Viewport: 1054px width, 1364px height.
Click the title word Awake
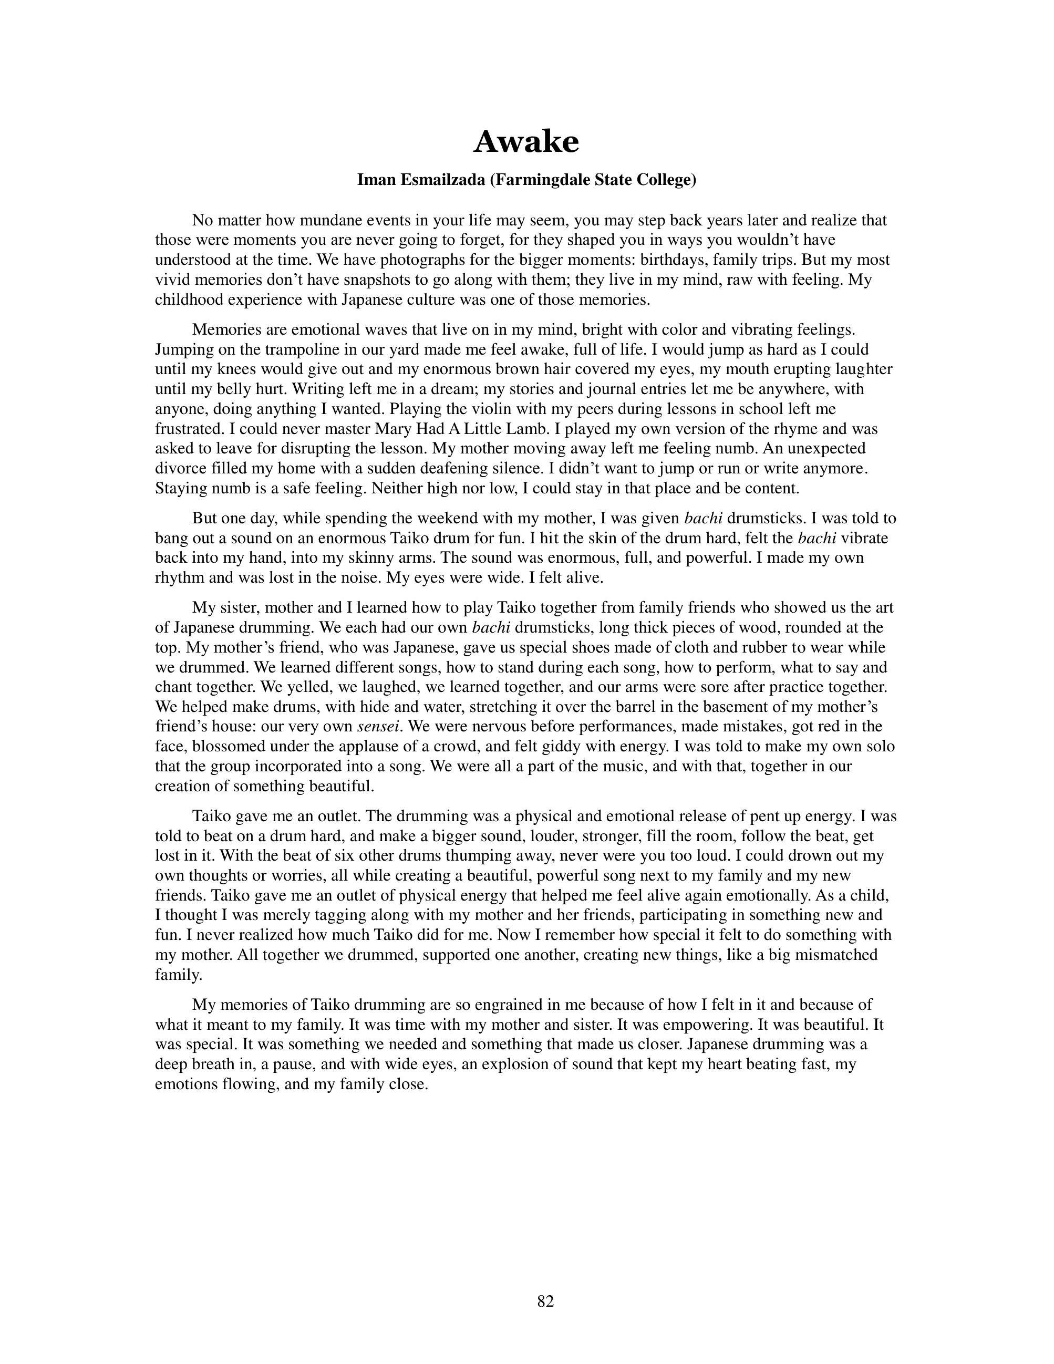(x=526, y=142)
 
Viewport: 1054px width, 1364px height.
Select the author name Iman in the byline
(x=376, y=180)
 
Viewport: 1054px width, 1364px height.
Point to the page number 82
(x=545, y=1301)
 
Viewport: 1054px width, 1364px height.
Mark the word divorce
(x=179, y=468)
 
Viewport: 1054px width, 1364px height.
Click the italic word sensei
(x=378, y=726)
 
